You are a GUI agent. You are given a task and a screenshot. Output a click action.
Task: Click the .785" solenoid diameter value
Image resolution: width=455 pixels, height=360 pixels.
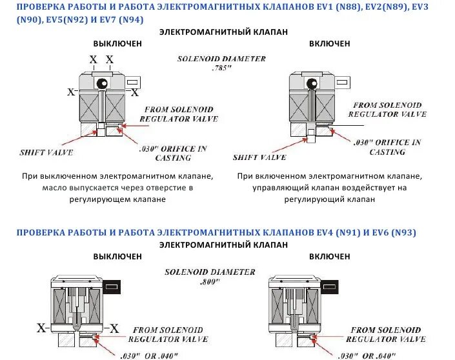pos(222,67)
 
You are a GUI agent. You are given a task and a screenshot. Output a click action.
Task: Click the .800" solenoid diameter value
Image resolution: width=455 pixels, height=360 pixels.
pos(210,282)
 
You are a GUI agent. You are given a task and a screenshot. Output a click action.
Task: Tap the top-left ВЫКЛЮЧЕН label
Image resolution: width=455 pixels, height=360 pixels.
pos(117,43)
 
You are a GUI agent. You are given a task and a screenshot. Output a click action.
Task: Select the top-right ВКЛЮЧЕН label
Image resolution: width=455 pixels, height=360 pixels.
pos(329,43)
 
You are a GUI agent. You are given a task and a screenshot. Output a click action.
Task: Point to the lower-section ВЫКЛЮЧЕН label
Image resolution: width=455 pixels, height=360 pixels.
pos(117,256)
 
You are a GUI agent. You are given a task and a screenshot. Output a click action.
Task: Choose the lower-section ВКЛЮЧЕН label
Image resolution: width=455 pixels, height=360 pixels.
pos(329,256)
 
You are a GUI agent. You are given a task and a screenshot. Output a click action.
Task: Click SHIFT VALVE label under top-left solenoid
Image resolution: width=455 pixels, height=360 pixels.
pos(46,152)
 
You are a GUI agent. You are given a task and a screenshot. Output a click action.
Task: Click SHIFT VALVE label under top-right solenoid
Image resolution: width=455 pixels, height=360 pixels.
pos(259,157)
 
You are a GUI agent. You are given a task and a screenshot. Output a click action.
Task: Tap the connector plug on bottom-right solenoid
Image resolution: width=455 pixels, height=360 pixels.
pos(330,285)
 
